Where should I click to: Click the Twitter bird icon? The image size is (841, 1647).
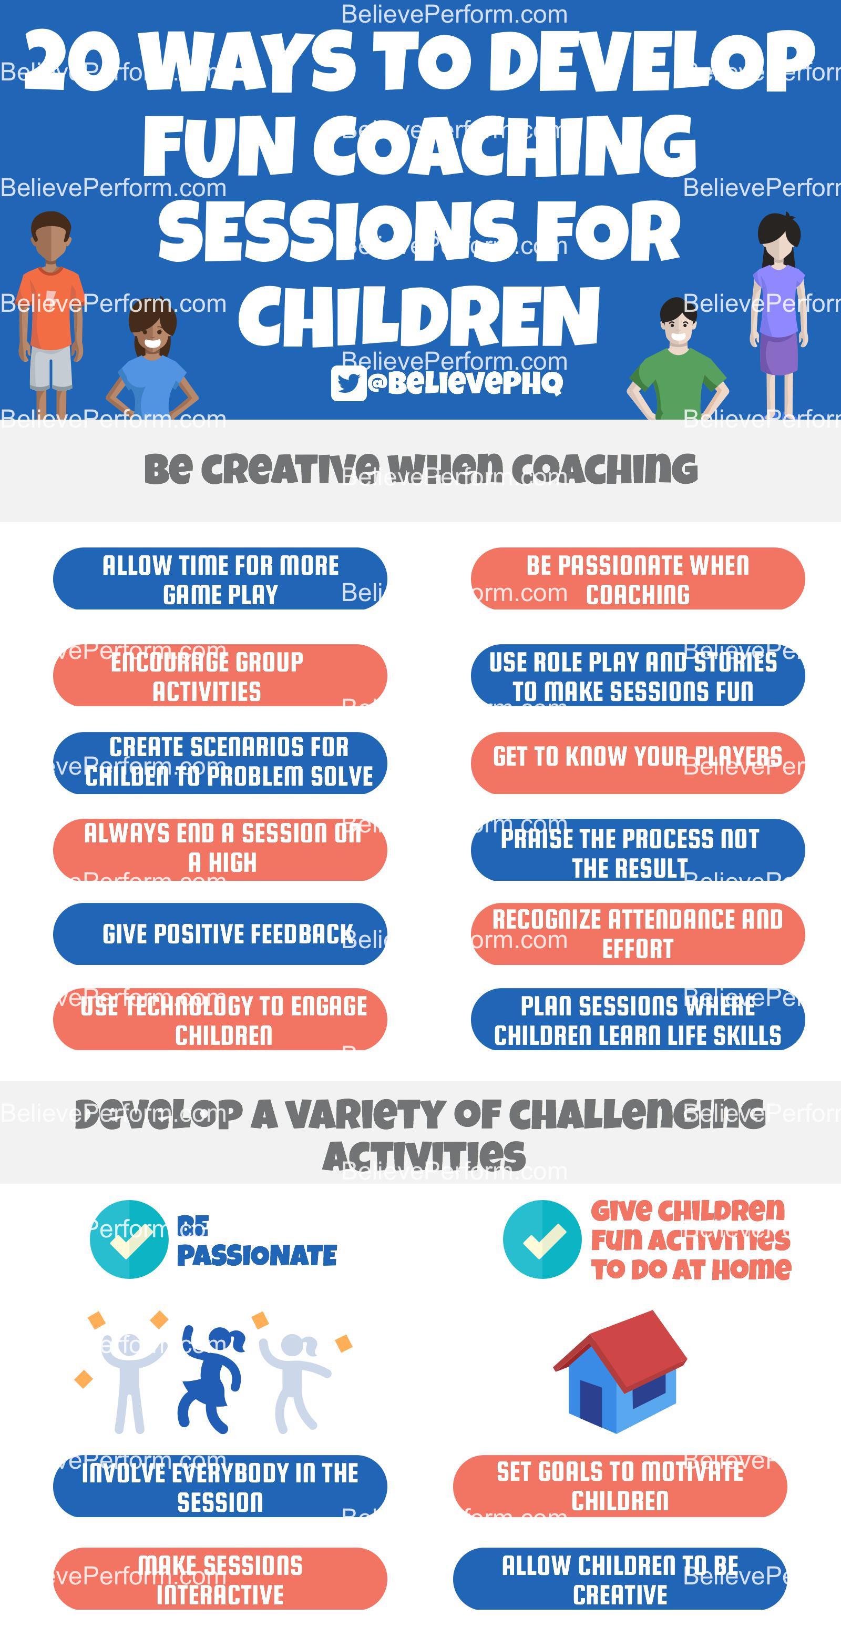tap(348, 383)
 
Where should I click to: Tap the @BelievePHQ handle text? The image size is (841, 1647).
tap(465, 382)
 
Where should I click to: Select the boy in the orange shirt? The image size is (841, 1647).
tap(50, 300)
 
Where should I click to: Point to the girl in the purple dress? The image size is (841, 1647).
tap(778, 300)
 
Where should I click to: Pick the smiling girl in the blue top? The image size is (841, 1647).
tap(152, 364)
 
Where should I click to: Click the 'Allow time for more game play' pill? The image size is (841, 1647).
tap(220, 578)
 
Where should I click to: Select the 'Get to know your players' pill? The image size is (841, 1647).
tap(637, 762)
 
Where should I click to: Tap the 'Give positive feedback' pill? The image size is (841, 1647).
tap(220, 933)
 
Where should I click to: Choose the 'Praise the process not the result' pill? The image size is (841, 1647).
tap(637, 850)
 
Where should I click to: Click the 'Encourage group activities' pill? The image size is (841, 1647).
tap(220, 675)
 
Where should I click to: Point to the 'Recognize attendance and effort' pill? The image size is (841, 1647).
tap(637, 933)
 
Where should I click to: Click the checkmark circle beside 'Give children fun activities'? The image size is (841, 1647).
tap(542, 1239)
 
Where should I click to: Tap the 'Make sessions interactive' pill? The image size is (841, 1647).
tap(220, 1578)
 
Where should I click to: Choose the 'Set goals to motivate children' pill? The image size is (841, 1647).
tap(619, 1486)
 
